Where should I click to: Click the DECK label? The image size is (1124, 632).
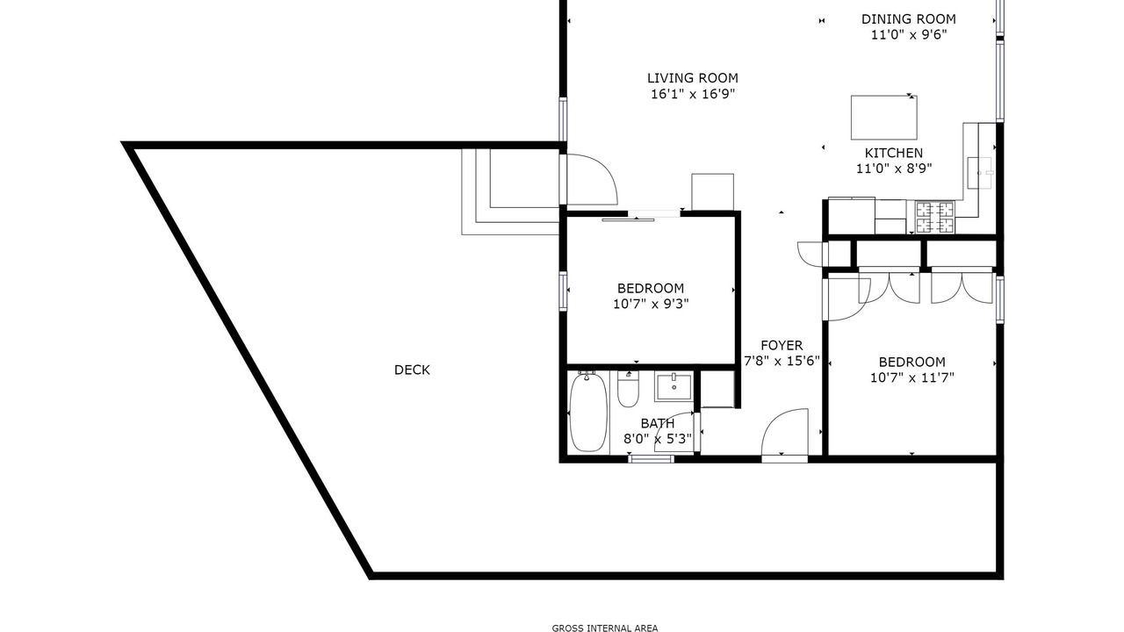[412, 370]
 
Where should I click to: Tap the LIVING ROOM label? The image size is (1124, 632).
[693, 78]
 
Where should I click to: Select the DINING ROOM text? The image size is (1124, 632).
[909, 19]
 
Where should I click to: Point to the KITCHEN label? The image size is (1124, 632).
[894, 153]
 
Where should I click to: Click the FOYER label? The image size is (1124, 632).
[782, 346]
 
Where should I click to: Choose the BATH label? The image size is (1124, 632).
[658, 423]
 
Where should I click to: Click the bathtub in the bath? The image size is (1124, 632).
[588, 413]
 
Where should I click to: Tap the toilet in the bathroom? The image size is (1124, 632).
[628, 390]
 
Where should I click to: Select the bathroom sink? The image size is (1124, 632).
[674, 387]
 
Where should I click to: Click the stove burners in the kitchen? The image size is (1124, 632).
[935, 217]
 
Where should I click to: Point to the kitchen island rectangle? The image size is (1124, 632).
[884, 118]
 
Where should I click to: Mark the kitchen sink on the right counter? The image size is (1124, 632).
[980, 173]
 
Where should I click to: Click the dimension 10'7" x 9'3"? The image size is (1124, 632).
[651, 304]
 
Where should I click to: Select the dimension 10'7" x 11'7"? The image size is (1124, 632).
[911, 377]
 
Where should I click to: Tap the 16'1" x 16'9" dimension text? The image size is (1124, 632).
[693, 94]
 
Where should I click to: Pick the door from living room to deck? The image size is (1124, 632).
[588, 180]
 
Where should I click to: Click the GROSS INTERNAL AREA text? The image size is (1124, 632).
[605, 628]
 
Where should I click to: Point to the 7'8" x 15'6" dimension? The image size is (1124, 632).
[782, 361]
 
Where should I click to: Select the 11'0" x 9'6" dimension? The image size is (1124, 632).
[909, 35]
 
